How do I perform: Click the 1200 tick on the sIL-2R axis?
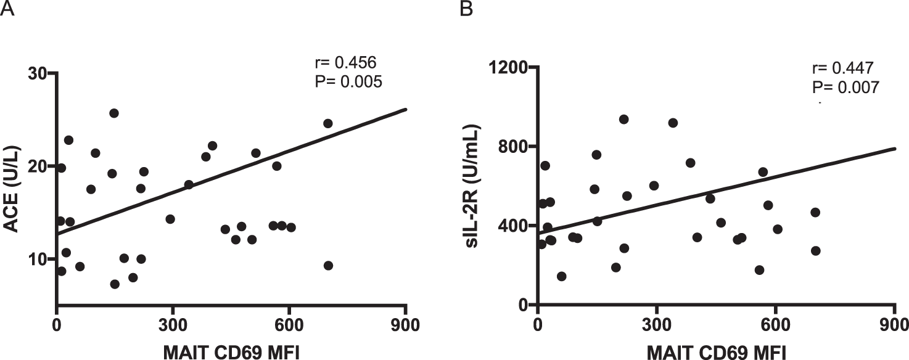[x=508, y=67]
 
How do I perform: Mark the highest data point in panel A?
[x=114, y=113]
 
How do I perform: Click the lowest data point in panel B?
[x=561, y=276]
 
